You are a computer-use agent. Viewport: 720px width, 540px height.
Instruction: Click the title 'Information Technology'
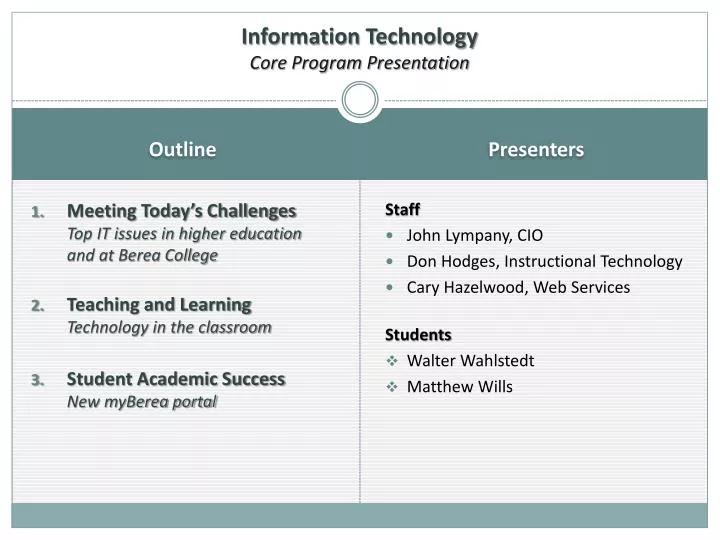coord(360,37)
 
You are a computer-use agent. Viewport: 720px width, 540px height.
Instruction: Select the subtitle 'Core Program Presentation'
coord(360,63)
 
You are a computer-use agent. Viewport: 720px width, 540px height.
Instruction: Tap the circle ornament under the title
coord(360,100)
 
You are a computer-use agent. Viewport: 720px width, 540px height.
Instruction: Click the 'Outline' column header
coord(182,150)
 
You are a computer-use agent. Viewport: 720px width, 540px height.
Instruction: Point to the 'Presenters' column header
coord(536,150)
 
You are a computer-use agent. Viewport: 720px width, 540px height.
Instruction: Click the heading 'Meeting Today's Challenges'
coord(181,211)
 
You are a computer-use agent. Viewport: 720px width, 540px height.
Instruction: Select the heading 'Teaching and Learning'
coord(159,304)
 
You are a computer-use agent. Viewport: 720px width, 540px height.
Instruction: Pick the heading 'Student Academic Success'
coord(176,379)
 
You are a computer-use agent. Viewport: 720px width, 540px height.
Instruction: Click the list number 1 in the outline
coord(38,212)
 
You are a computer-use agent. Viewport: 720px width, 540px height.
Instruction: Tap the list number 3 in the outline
coord(38,380)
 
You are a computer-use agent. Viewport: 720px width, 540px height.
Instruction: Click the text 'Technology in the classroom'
coord(169,327)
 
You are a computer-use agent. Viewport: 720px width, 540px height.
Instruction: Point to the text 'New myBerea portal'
coord(141,402)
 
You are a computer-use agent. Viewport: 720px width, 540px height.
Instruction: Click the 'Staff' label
coord(402,210)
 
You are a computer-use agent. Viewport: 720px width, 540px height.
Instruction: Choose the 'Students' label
coord(418,335)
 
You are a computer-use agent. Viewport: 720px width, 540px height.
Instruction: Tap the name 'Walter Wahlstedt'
coord(470,361)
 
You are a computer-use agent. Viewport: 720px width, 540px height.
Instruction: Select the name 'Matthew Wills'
coord(459,387)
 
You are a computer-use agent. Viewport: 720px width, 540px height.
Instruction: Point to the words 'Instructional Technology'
coord(593,262)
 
